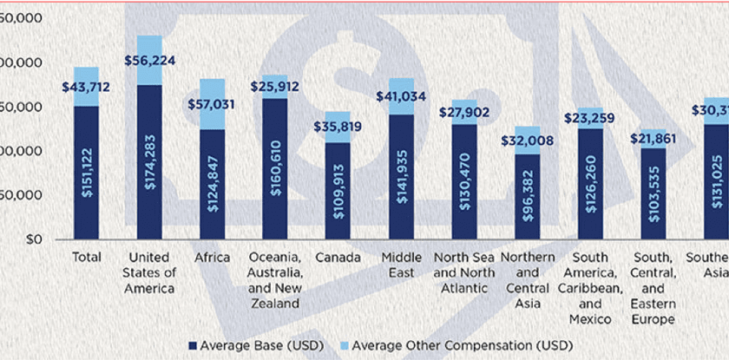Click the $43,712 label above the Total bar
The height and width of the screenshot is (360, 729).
[86, 88]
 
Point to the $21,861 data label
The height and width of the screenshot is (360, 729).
[652, 138]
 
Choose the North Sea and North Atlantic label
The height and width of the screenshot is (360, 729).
[463, 272]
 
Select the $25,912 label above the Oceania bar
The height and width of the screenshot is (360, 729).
[274, 87]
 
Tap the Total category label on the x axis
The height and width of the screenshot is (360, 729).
[86, 258]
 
